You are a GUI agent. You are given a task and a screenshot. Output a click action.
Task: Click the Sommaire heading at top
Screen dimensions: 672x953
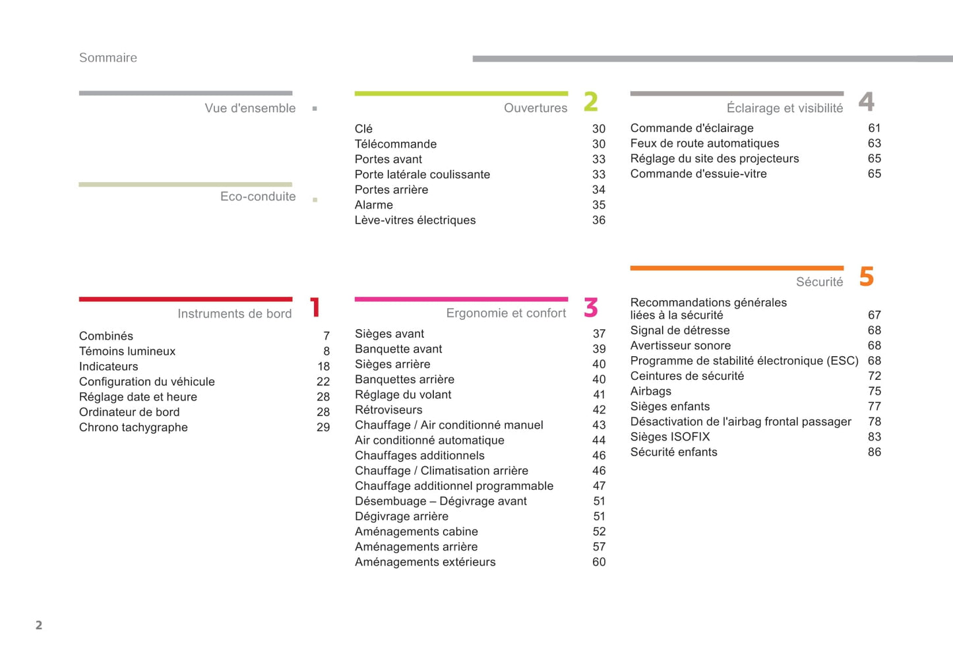tap(108, 58)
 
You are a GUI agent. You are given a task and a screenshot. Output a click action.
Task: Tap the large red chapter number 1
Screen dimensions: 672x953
tap(315, 307)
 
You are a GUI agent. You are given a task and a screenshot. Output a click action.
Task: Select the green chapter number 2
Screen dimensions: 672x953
tap(591, 102)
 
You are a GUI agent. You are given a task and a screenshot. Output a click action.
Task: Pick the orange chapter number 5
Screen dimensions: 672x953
tap(867, 276)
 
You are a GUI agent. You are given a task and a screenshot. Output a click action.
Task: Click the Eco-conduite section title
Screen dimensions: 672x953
tap(258, 197)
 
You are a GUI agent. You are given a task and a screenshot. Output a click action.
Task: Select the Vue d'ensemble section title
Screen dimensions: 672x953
tap(250, 108)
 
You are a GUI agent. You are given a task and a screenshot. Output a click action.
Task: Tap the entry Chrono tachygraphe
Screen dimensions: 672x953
tap(133, 427)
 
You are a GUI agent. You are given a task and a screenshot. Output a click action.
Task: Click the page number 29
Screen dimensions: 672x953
tap(323, 427)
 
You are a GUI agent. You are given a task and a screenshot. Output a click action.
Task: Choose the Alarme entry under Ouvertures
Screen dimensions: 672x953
tap(374, 205)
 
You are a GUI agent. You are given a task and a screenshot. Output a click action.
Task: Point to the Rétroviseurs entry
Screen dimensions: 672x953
tap(388, 410)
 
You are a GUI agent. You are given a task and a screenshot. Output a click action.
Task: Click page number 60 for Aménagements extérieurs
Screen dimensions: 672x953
tap(599, 562)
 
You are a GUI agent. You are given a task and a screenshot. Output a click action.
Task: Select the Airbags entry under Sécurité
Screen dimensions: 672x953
tap(651, 391)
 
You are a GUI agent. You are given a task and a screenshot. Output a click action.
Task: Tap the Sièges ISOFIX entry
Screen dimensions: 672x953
tap(670, 437)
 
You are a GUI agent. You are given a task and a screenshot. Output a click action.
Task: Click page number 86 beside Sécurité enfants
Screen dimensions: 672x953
tap(875, 452)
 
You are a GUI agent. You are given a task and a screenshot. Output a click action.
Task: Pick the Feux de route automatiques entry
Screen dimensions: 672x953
tap(704, 143)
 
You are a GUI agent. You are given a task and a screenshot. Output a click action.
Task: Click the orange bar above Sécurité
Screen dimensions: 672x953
tap(737, 268)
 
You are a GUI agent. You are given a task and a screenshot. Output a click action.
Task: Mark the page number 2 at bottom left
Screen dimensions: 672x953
tap(39, 625)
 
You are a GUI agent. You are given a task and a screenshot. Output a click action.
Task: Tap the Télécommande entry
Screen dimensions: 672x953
tap(396, 144)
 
